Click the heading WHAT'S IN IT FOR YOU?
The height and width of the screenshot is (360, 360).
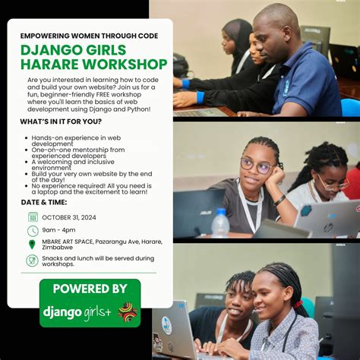click(62, 122)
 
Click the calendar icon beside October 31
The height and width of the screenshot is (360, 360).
click(33, 217)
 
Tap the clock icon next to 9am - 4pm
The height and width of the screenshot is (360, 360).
click(33, 231)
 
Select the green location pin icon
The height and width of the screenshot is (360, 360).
click(33, 245)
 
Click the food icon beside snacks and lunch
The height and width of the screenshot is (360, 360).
click(33, 261)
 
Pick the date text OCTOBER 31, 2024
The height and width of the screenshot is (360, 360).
click(74, 217)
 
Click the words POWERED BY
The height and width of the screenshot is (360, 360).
click(90, 289)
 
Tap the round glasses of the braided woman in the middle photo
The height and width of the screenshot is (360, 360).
click(257, 166)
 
